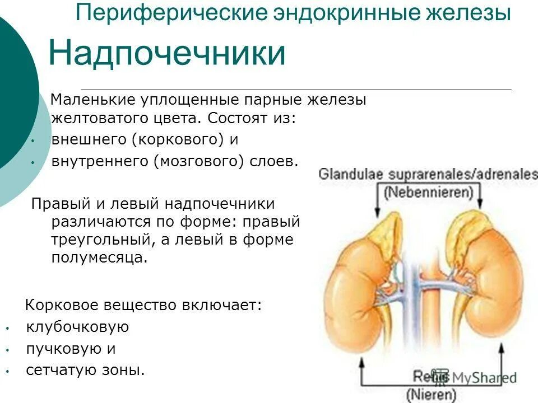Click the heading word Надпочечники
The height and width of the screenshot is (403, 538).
[x=167, y=53]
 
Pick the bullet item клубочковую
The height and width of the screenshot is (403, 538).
[x=77, y=327]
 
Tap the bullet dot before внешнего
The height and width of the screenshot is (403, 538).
[x=33, y=140]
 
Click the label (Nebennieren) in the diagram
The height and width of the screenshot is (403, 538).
[x=429, y=194]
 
